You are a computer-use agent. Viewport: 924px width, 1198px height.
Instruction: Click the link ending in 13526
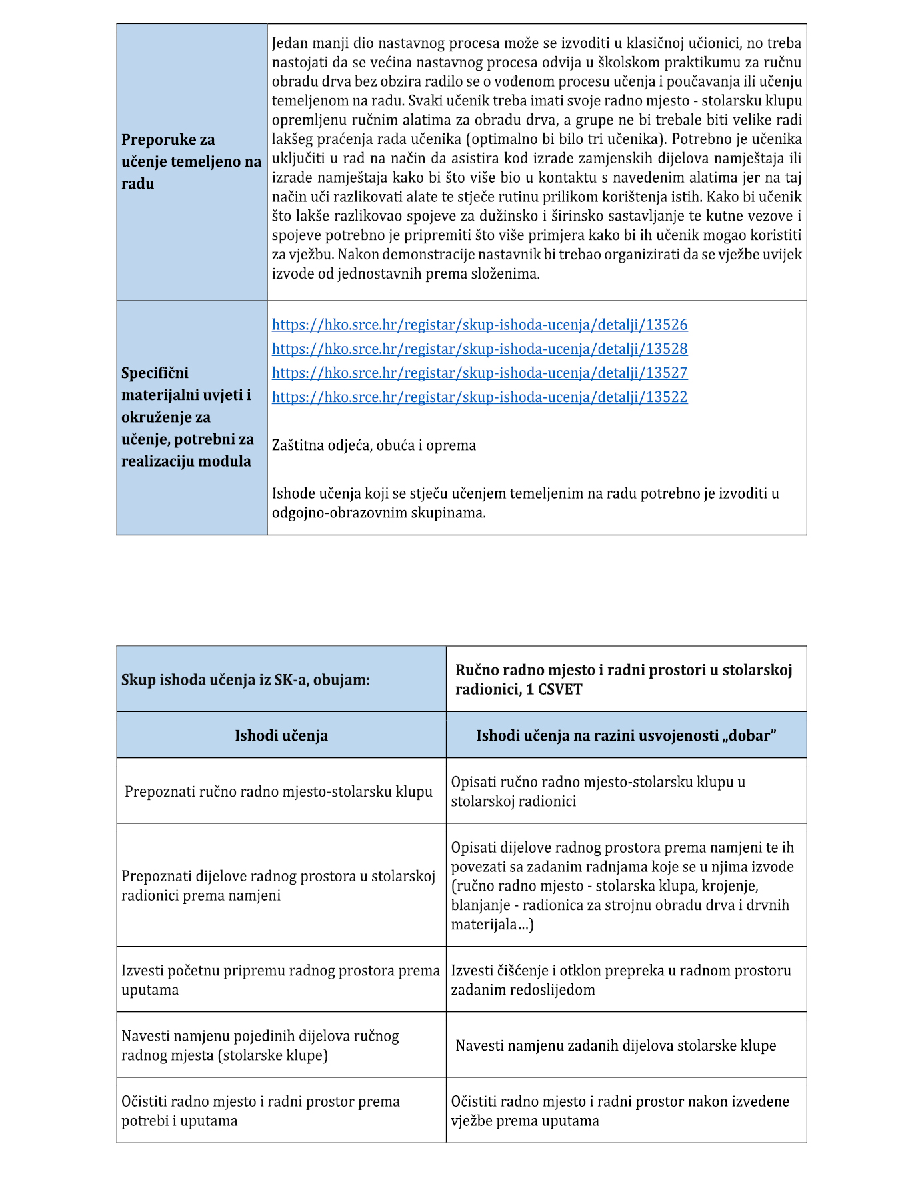click(x=479, y=325)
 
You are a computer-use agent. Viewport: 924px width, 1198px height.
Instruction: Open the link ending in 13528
click(x=479, y=349)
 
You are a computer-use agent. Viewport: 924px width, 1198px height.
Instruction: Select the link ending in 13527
click(x=479, y=373)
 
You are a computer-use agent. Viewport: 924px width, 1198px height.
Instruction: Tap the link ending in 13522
click(x=479, y=397)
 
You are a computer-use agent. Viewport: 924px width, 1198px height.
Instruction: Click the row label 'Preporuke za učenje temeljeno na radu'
click(x=191, y=161)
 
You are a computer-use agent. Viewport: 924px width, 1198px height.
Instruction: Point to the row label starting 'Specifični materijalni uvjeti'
click(x=187, y=417)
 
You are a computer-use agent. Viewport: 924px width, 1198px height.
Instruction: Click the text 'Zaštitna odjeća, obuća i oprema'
click(x=374, y=445)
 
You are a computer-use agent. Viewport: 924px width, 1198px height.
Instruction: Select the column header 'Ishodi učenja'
click(x=281, y=735)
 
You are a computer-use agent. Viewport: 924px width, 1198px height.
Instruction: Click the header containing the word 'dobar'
click(x=626, y=735)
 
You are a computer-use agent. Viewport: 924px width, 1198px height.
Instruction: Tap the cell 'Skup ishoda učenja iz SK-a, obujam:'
click(x=245, y=680)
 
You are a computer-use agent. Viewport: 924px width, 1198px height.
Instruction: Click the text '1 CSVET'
click(x=554, y=689)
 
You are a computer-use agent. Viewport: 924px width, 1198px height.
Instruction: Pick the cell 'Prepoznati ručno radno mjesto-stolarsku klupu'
click(x=279, y=791)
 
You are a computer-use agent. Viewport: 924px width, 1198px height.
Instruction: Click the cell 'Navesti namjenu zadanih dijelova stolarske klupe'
click(x=616, y=1045)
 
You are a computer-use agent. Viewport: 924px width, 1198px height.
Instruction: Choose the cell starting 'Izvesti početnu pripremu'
click(x=281, y=980)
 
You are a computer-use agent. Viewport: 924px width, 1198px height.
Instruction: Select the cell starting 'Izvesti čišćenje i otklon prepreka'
click(x=621, y=980)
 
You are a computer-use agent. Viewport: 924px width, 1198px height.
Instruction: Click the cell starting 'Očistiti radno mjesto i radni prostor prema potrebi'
click(x=261, y=1111)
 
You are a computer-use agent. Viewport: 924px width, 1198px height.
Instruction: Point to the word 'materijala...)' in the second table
click(x=492, y=925)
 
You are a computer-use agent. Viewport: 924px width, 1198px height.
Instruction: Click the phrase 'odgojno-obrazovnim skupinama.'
click(x=379, y=513)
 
